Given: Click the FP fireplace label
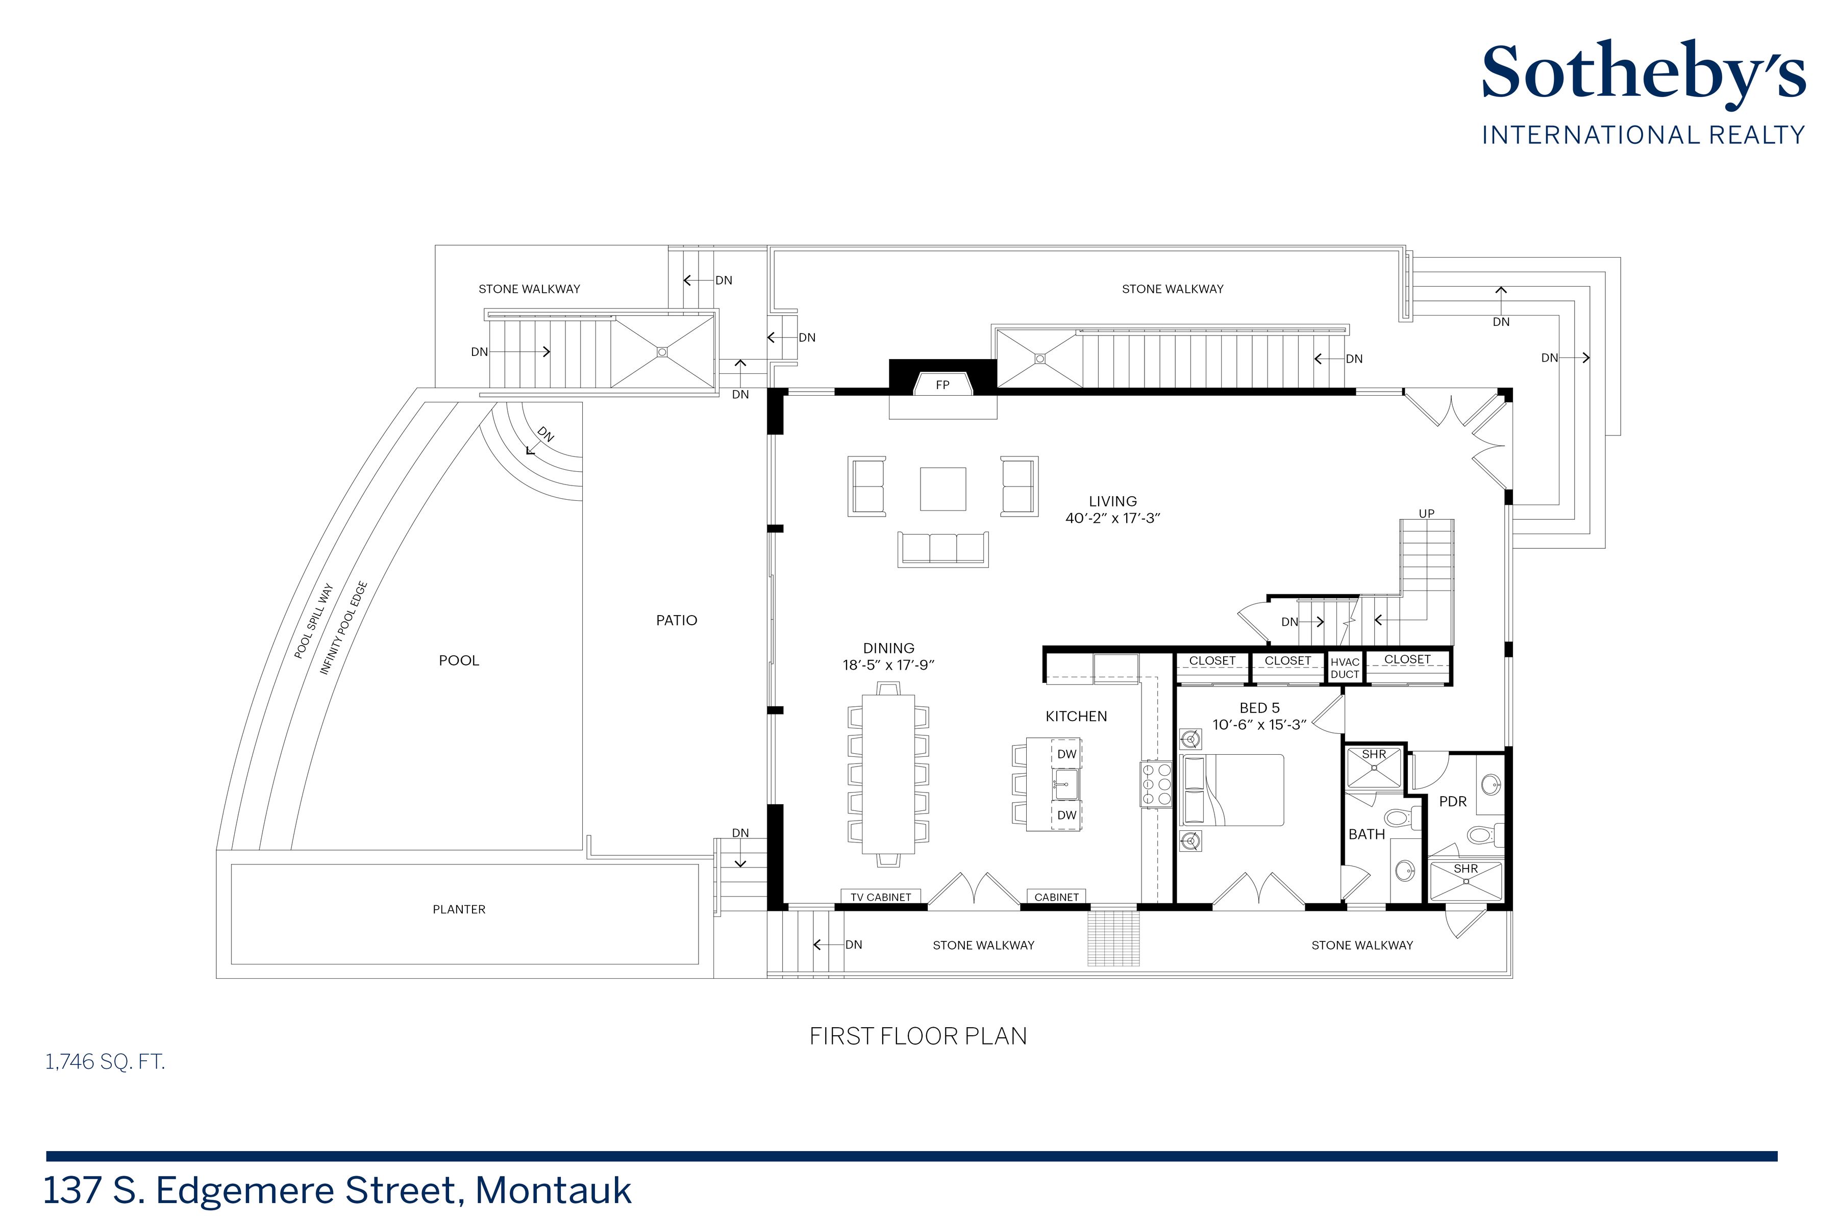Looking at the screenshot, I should (942, 385).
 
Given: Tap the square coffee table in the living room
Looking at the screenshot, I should (942, 489).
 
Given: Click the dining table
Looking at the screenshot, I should (888, 774).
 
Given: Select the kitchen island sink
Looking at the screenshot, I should (1066, 784).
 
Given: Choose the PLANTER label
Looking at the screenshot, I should (459, 909).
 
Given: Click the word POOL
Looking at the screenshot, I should (459, 660).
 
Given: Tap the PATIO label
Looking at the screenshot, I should (677, 621).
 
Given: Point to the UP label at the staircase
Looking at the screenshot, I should (1426, 514).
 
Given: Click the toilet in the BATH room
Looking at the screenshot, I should (1397, 818).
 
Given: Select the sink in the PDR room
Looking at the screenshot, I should (1490, 783).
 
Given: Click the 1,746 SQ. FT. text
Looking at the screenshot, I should (106, 1062).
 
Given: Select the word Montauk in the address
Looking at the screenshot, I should (553, 1190).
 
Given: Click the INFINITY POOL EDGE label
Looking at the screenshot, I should (343, 628).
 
